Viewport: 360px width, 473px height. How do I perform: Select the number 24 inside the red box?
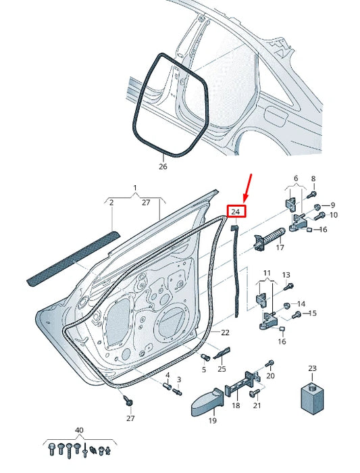[236, 211]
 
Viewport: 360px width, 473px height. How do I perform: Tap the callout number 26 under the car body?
[163, 166]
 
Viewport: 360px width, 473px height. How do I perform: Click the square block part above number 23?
[312, 396]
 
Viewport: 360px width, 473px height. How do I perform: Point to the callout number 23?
[312, 368]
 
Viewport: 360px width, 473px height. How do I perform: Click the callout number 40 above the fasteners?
[80, 430]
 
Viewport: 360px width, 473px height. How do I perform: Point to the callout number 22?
[225, 332]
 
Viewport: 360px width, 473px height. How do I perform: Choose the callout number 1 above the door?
[134, 186]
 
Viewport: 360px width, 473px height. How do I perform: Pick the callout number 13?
[286, 275]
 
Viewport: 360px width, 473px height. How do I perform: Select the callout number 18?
[236, 407]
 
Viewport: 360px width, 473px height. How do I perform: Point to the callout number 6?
[294, 178]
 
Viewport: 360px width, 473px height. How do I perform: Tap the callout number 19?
[212, 421]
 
